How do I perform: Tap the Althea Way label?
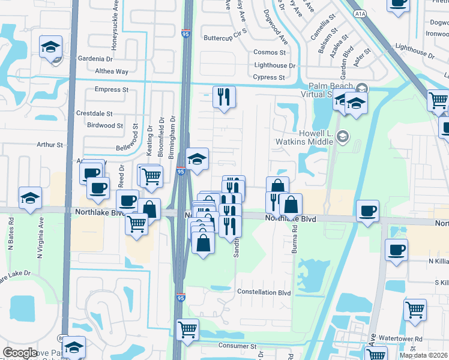pos(112,71)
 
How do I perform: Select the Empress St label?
pos(112,89)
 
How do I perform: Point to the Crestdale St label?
pos(94,113)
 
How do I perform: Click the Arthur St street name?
pos(50,145)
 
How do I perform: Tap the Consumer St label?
pos(237,346)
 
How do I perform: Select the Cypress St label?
pos(268,77)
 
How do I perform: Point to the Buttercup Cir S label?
pos(225,37)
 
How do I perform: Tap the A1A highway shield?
pos(360,13)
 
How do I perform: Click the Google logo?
pos(20,353)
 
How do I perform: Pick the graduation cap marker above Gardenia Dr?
pos(51,46)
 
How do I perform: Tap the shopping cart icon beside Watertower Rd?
pos(415,310)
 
